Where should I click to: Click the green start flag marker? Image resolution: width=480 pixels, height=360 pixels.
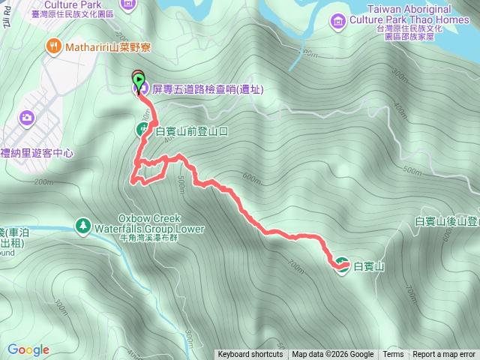(139, 79)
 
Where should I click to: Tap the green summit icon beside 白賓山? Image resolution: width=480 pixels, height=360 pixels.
(342, 265)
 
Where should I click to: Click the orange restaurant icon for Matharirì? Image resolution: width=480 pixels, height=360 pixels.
(53, 46)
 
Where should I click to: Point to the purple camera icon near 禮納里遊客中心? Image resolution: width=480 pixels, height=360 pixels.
(27, 117)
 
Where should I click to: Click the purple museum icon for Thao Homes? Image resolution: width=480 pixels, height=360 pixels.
(337, 20)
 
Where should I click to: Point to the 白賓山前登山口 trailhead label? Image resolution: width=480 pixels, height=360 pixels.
(190, 131)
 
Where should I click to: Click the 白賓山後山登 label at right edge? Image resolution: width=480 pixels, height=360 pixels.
(447, 221)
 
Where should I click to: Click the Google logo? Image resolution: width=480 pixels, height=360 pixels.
(28, 349)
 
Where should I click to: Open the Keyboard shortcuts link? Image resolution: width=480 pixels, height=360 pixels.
(250, 355)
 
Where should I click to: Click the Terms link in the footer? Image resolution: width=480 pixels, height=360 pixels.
(393, 355)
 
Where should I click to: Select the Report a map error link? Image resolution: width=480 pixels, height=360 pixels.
(444, 355)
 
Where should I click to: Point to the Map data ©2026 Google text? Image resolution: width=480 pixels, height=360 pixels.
(333, 355)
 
